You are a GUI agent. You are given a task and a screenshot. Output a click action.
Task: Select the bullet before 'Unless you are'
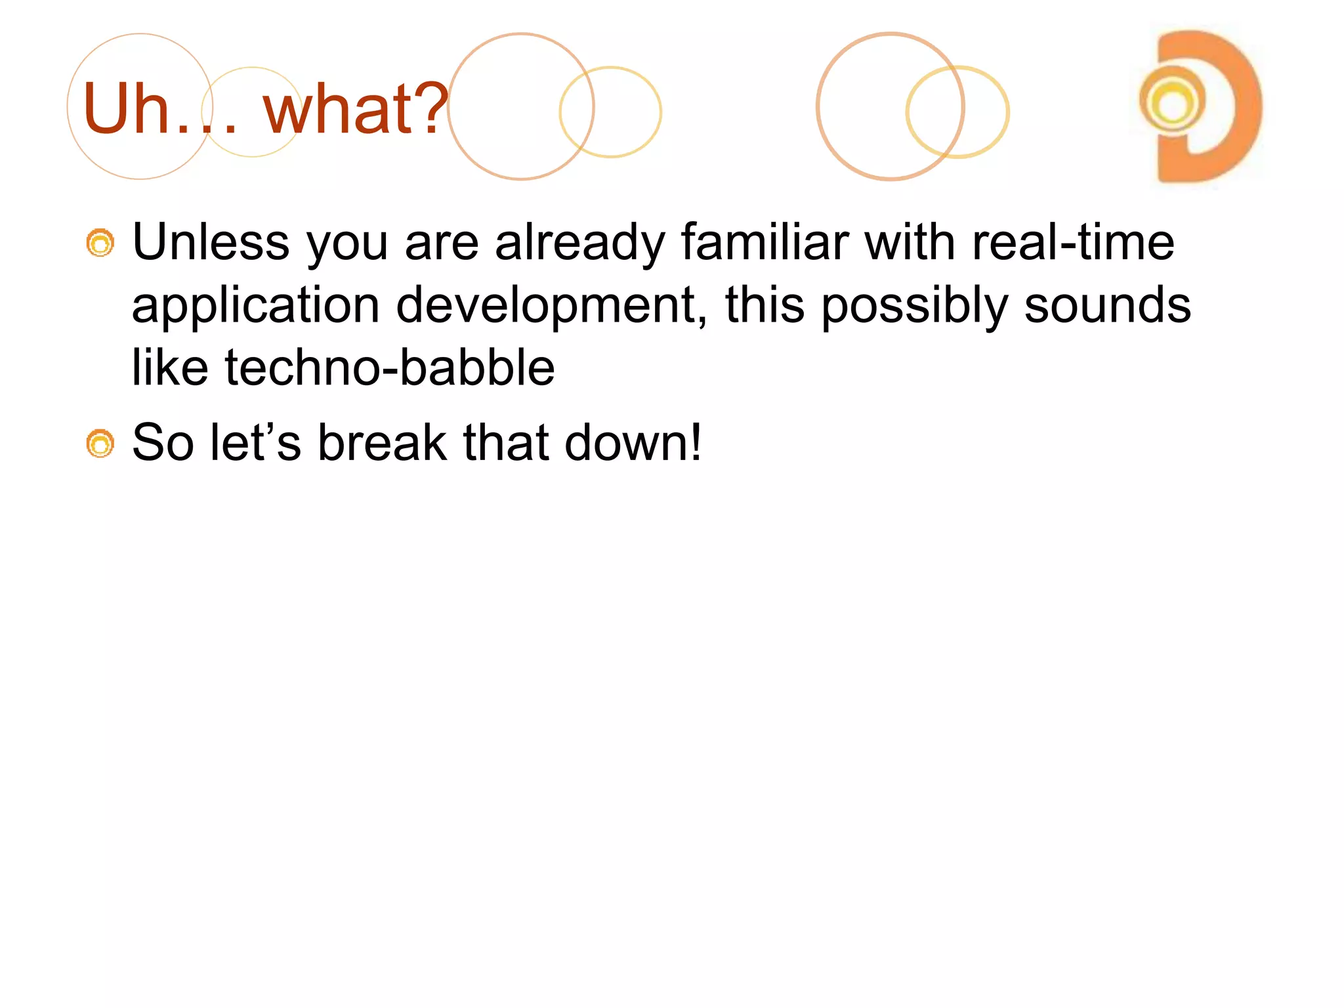tap(100, 243)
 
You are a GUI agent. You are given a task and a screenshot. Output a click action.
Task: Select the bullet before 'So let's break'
tap(100, 444)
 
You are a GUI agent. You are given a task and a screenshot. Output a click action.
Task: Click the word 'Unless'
tap(211, 242)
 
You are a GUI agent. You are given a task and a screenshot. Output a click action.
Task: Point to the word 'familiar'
tap(765, 242)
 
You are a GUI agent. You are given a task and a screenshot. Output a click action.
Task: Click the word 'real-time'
tap(1073, 242)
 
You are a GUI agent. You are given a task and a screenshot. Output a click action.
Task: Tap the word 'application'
tap(255, 306)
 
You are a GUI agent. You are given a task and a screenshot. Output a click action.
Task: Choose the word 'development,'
tap(552, 306)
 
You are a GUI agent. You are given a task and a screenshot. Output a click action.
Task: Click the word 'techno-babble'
tap(390, 367)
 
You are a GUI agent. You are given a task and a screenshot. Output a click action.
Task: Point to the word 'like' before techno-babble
tap(170, 367)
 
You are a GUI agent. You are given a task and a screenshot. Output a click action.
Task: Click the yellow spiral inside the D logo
tap(1173, 102)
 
